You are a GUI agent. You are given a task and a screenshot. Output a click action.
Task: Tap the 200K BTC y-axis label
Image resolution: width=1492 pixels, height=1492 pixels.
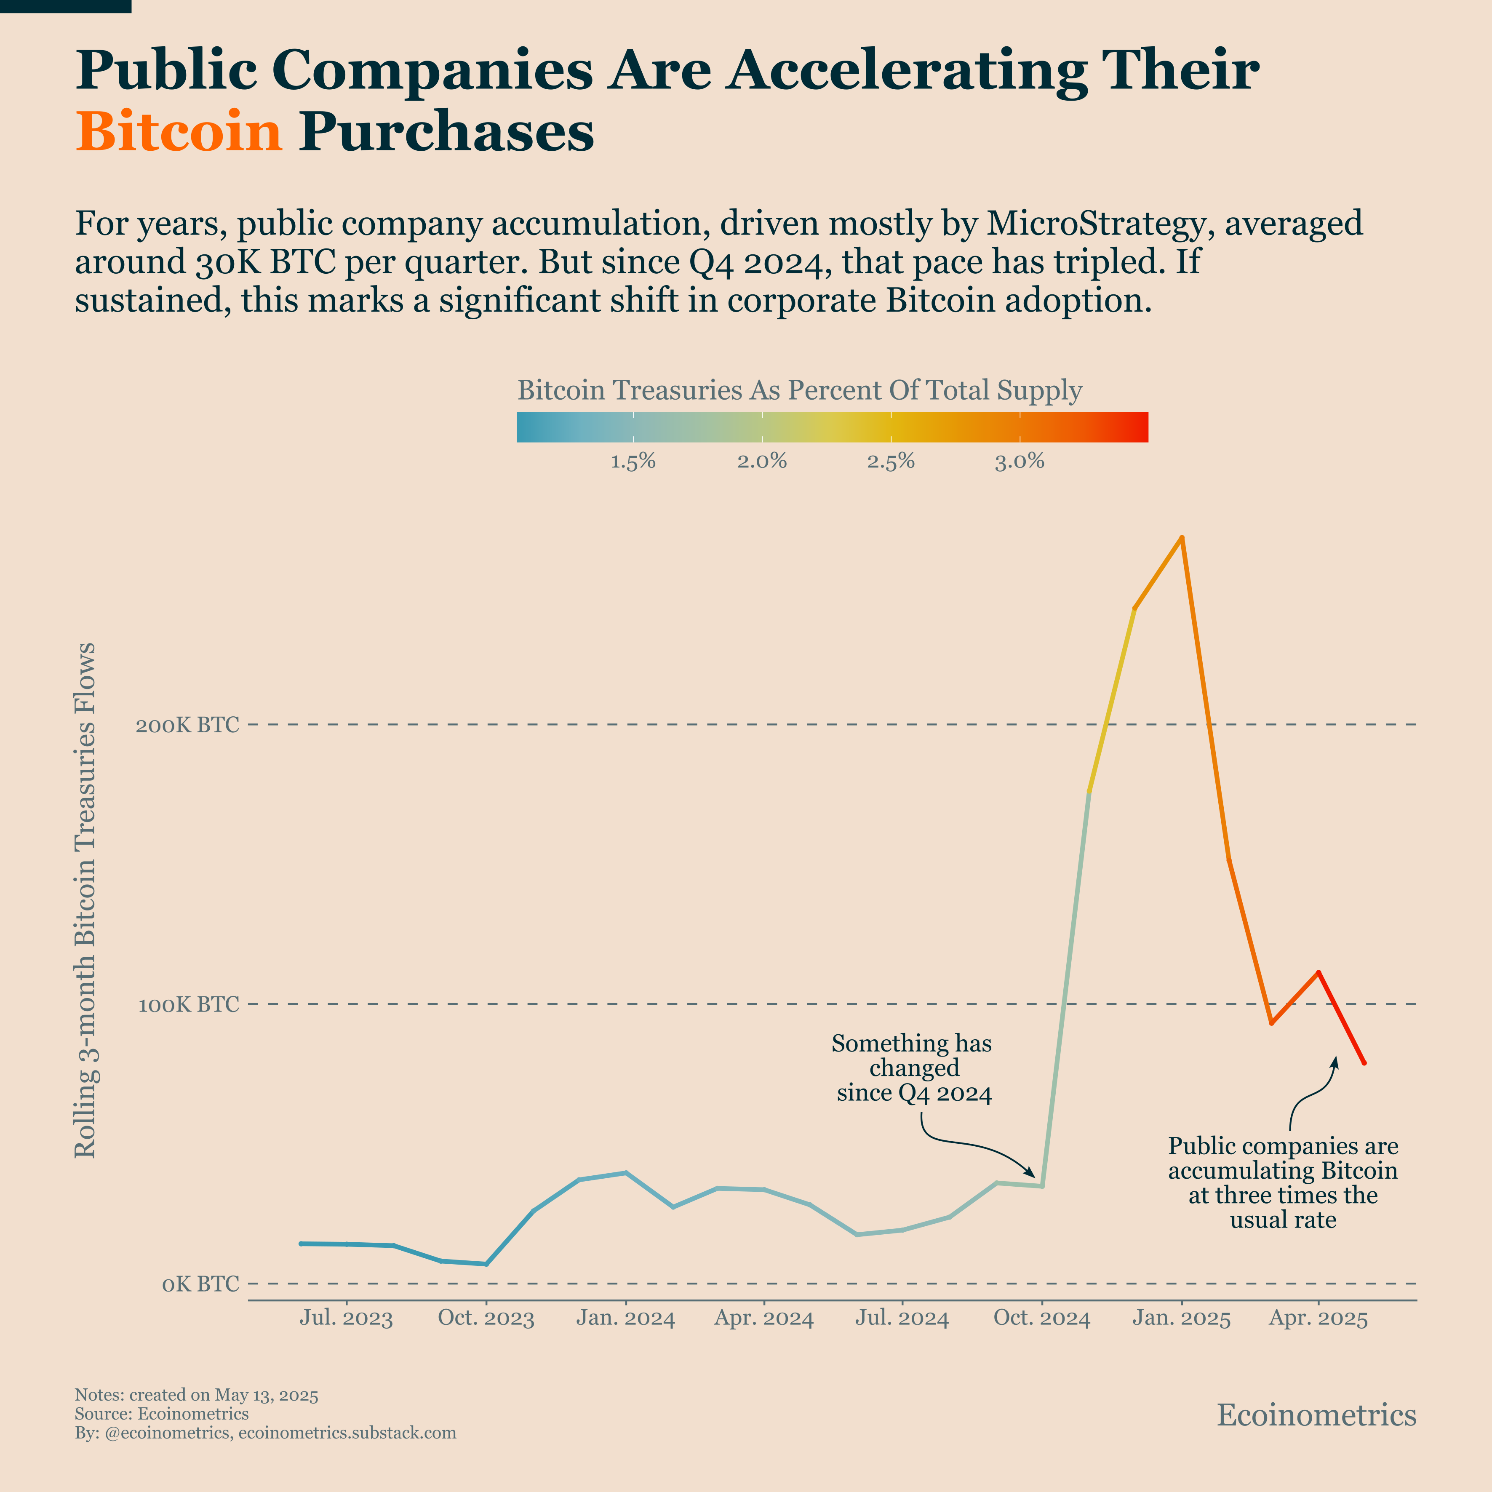(x=188, y=725)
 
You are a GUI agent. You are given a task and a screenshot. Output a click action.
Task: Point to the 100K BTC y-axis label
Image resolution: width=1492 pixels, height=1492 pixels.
(x=188, y=1005)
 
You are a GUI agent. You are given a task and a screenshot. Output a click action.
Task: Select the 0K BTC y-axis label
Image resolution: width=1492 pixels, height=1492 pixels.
(x=200, y=1284)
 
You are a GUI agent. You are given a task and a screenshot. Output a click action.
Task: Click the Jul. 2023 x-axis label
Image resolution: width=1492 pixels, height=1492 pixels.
(x=346, y=1318)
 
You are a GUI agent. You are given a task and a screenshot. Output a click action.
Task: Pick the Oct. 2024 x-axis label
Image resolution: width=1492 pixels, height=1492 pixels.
(x=1042, y=1318)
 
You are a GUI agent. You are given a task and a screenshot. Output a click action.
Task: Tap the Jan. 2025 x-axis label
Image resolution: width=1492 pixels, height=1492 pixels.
(x=1181, y=1318)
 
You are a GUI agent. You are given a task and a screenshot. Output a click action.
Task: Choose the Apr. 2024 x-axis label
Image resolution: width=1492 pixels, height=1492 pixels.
(x=764, y=1318)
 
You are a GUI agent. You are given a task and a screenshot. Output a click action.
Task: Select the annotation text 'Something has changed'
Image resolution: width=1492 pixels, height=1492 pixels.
(x=912, y=1056)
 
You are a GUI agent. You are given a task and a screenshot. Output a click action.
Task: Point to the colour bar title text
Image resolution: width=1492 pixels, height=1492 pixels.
(x=799, y=390)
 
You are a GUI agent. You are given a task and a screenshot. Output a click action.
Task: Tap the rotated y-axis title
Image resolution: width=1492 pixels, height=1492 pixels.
(x=85, y=899)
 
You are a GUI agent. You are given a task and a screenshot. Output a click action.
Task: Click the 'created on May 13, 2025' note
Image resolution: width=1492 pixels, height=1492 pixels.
(x=224, y=1395)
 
